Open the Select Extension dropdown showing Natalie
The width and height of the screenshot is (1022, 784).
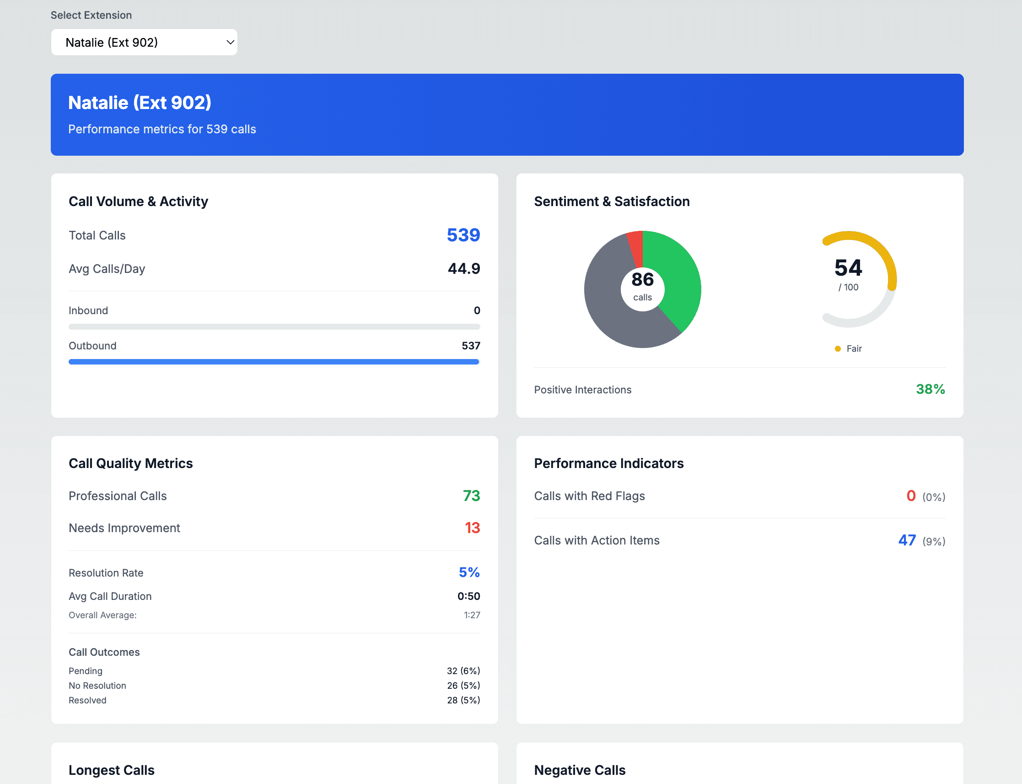pyautogui.click(x=144, y=43)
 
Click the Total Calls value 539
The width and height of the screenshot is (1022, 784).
pyautogui.click(x=463, y=235)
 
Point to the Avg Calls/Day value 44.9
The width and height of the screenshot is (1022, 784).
pyautogui.click(x=463, y=269)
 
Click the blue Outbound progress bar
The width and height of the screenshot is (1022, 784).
pyautogui.click(x=274, y=362)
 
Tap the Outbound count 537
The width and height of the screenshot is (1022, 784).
pyautogui.click(x=470, y=346)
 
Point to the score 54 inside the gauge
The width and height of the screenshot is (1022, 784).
pyautogui.click(x=848, y=268)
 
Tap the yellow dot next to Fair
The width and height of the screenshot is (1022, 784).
pyautogui.click(x=838, y=348)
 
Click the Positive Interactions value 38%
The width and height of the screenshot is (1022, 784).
pyautogui.click(x=930, y=389)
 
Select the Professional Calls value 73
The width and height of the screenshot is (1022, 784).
pyautogui.click(x=471, y=495)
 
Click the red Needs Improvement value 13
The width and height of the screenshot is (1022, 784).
pyautogui.click(x=472, y=528)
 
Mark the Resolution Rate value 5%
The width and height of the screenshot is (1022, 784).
pyautogui.click(x=469, y=572)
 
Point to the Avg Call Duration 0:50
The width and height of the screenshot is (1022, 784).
pyautogui.click(x=468, y=596)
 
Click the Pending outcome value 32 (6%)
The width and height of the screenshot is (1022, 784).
pyautogui.click(x=463, y=670)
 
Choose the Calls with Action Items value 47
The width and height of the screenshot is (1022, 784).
pyautogui.click(x=907, y=540)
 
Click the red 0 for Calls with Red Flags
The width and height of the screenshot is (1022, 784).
pyautogui.click(x=911, y=495)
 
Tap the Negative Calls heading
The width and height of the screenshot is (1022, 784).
pyautogui.click(x=580, y=770)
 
